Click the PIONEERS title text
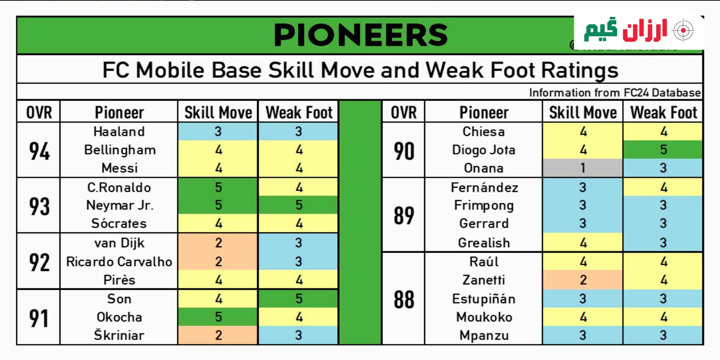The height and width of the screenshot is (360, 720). click(361, 35)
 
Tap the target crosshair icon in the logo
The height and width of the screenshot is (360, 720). click(683, 31)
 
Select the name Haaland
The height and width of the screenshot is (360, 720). click(119, 131)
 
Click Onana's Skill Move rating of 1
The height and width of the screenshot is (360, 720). click(583, 168)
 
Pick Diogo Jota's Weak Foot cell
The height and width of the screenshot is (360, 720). click(663, 149)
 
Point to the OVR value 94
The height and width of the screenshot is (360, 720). click(39, 151)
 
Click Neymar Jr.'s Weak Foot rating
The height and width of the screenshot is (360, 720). click(299, 205)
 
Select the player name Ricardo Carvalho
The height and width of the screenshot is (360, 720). click(119, 261)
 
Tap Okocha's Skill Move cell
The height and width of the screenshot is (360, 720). click(218, 317)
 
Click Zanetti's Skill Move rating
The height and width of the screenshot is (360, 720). click(583, 280)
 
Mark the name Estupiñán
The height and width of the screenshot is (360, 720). click(484, 298)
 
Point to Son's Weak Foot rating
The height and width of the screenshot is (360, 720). click(299, 298)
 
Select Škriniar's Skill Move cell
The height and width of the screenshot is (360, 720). click(218, 335)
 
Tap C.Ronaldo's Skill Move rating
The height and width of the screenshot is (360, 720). click(218, 187)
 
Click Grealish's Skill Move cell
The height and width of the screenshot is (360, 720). click(583, 243)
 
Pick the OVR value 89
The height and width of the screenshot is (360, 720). click(404, 215)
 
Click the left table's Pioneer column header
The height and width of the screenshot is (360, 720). click(119, 112)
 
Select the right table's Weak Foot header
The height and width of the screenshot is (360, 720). click(663, 112)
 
